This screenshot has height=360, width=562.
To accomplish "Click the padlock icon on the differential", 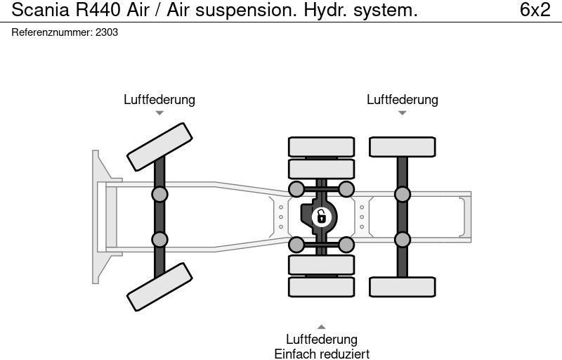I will pos(321,217).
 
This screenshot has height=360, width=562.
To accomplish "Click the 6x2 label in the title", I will pos(535,10).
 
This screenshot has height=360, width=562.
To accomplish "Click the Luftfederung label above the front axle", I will pos(159,100).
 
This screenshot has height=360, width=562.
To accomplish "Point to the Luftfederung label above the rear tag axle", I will pos(402,100).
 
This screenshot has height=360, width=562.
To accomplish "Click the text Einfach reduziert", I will pos(321,353).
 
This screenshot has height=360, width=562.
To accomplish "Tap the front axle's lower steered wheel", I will pos(159,287).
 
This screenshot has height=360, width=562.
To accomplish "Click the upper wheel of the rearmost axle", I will pos(403,147).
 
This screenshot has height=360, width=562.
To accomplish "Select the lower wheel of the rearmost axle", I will pos(403,287).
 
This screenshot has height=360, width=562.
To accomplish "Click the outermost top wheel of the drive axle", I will pos(321,147).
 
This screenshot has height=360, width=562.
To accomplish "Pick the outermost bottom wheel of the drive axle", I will pos(321,287).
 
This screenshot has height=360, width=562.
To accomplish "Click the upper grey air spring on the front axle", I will pos(159,194).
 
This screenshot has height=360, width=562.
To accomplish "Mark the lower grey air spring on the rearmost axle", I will pos(403,240).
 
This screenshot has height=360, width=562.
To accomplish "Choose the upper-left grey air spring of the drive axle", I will pos(296,188).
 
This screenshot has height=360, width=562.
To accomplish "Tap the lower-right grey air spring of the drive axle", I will pos(346,245).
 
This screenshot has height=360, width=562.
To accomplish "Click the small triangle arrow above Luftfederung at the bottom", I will pos(321,327).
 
